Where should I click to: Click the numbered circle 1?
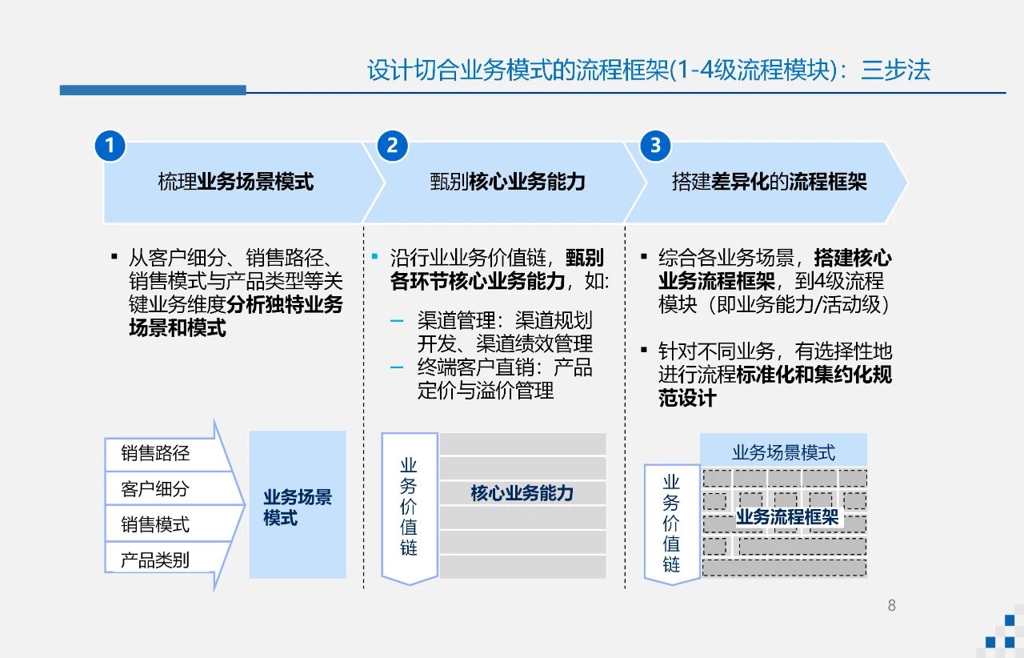pos(110,146)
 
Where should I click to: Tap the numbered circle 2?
pos(392,146)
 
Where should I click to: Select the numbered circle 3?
pos(656,146)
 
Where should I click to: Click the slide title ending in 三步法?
pos(648,70)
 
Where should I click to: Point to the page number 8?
pos(891,605)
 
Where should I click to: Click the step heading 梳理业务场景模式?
pos(235,182)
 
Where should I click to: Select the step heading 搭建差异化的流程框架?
pos(769,182)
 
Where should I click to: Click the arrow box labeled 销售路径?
pos(156,454)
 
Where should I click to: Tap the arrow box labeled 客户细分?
pos(156,489)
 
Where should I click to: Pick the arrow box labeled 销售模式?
pos(156,524)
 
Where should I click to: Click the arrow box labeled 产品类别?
pos(156,560)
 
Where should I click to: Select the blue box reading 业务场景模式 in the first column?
pos(298,506)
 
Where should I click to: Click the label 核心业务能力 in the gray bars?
pos(522,493)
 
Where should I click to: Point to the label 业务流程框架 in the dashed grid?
pos(787,517)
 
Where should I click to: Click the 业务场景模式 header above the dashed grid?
pos(783,452)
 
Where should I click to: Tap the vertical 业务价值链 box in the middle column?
pos(409,507)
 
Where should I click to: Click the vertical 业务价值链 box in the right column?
pos(671,524)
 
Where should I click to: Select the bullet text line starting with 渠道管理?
pos(505,321)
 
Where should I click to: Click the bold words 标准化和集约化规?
pos(814,375)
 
